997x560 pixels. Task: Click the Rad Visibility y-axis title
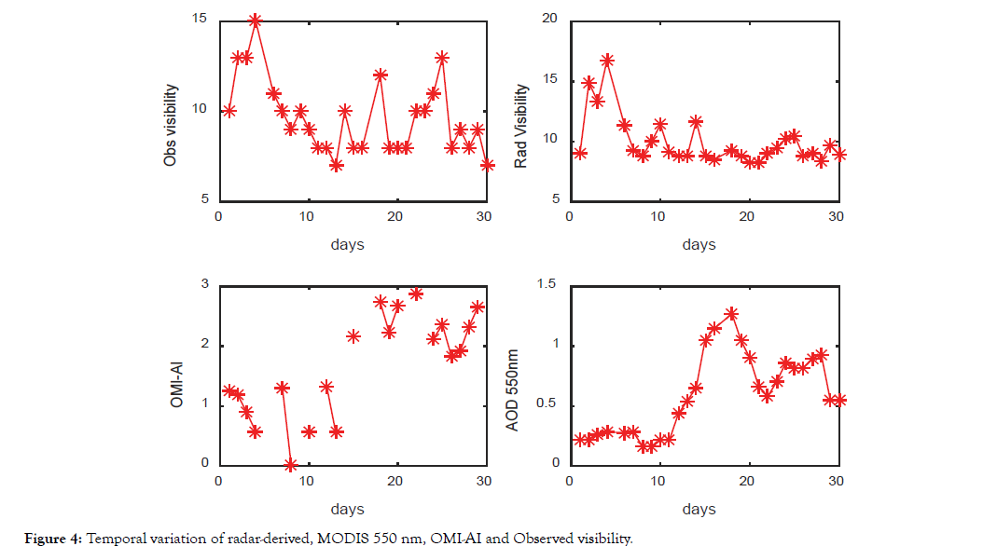(x=521, y=127)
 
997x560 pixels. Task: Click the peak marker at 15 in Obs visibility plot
(x=255, y=20)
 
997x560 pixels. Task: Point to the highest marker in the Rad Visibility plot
(x=607, y=61)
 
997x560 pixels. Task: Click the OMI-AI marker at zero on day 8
(x=291, y=465)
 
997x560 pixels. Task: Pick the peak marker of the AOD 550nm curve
(x=732, y=314)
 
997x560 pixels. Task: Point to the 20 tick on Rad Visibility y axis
(x=549, y=20)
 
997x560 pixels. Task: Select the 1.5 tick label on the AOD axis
(x=546, y=284)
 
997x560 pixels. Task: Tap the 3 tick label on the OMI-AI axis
(x=203, y=284)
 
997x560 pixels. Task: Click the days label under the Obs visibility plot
(x=347, y=245)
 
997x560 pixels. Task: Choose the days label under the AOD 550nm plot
(x=699, y=510)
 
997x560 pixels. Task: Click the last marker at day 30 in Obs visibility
(x=487, y=165)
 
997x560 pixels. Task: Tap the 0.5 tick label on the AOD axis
(x=546, y=404)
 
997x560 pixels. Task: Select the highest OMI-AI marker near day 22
(x=416, y=294)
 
